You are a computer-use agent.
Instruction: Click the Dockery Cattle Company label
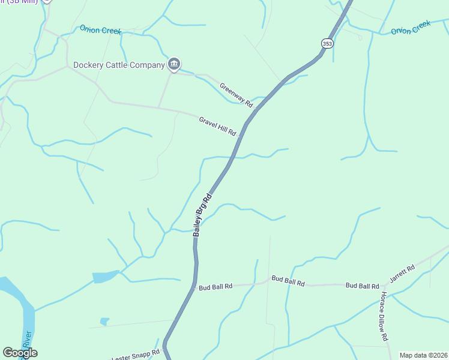coord(119,65)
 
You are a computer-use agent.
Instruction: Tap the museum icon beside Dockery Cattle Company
coord(174,64)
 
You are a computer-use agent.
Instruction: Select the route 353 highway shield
coord(327,43)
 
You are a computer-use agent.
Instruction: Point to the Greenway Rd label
coord(236,95)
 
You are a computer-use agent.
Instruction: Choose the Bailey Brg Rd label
coord(202,214)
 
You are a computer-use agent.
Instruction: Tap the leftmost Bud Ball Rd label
coord(215,287)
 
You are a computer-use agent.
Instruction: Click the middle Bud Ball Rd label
coord(288,280)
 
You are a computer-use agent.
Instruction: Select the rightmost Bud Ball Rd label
coord(362,286)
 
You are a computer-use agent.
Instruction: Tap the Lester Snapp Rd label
coord(137,353)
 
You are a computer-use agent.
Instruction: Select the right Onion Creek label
coord(411,28)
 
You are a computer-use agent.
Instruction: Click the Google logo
coord(20,353)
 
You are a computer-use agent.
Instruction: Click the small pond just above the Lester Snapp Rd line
coord(104,322)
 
